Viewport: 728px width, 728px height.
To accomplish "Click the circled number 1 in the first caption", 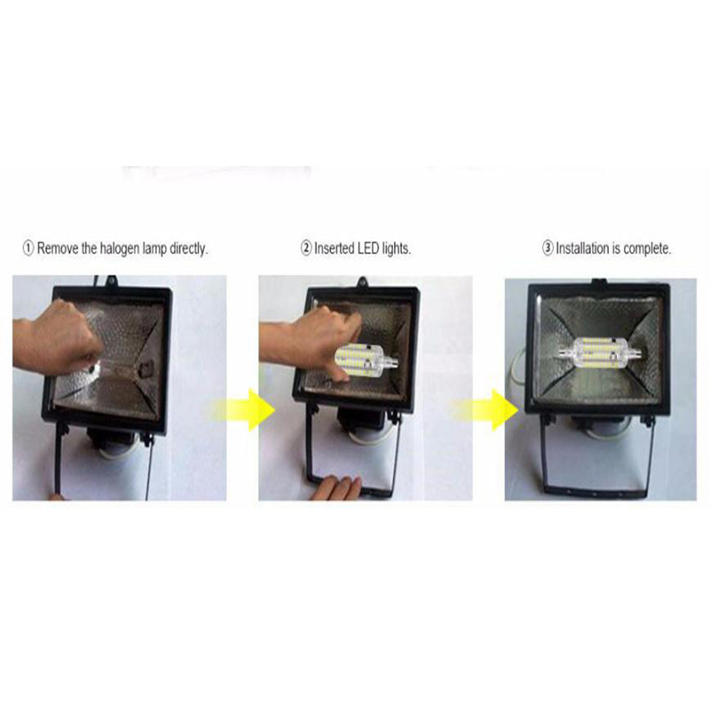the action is click(28, 248).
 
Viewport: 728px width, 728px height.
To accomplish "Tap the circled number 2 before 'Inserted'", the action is click(306, 248).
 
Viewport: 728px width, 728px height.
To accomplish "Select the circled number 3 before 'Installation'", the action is click(548, 248).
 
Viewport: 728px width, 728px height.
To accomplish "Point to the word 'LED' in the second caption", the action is click(368, 248).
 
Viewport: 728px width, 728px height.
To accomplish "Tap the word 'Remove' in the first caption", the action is click(58, 248).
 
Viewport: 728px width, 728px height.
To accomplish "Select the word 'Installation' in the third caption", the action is click(582, 248).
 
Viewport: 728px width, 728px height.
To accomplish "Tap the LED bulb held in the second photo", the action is click(366, 360).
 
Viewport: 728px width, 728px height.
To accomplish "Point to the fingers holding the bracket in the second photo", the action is click(336, 488).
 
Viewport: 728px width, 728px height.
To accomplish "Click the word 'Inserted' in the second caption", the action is click(334, 248).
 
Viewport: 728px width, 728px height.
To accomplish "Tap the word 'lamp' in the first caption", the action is click(154, 249).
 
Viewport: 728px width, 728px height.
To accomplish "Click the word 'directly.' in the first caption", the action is click(189, 249).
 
